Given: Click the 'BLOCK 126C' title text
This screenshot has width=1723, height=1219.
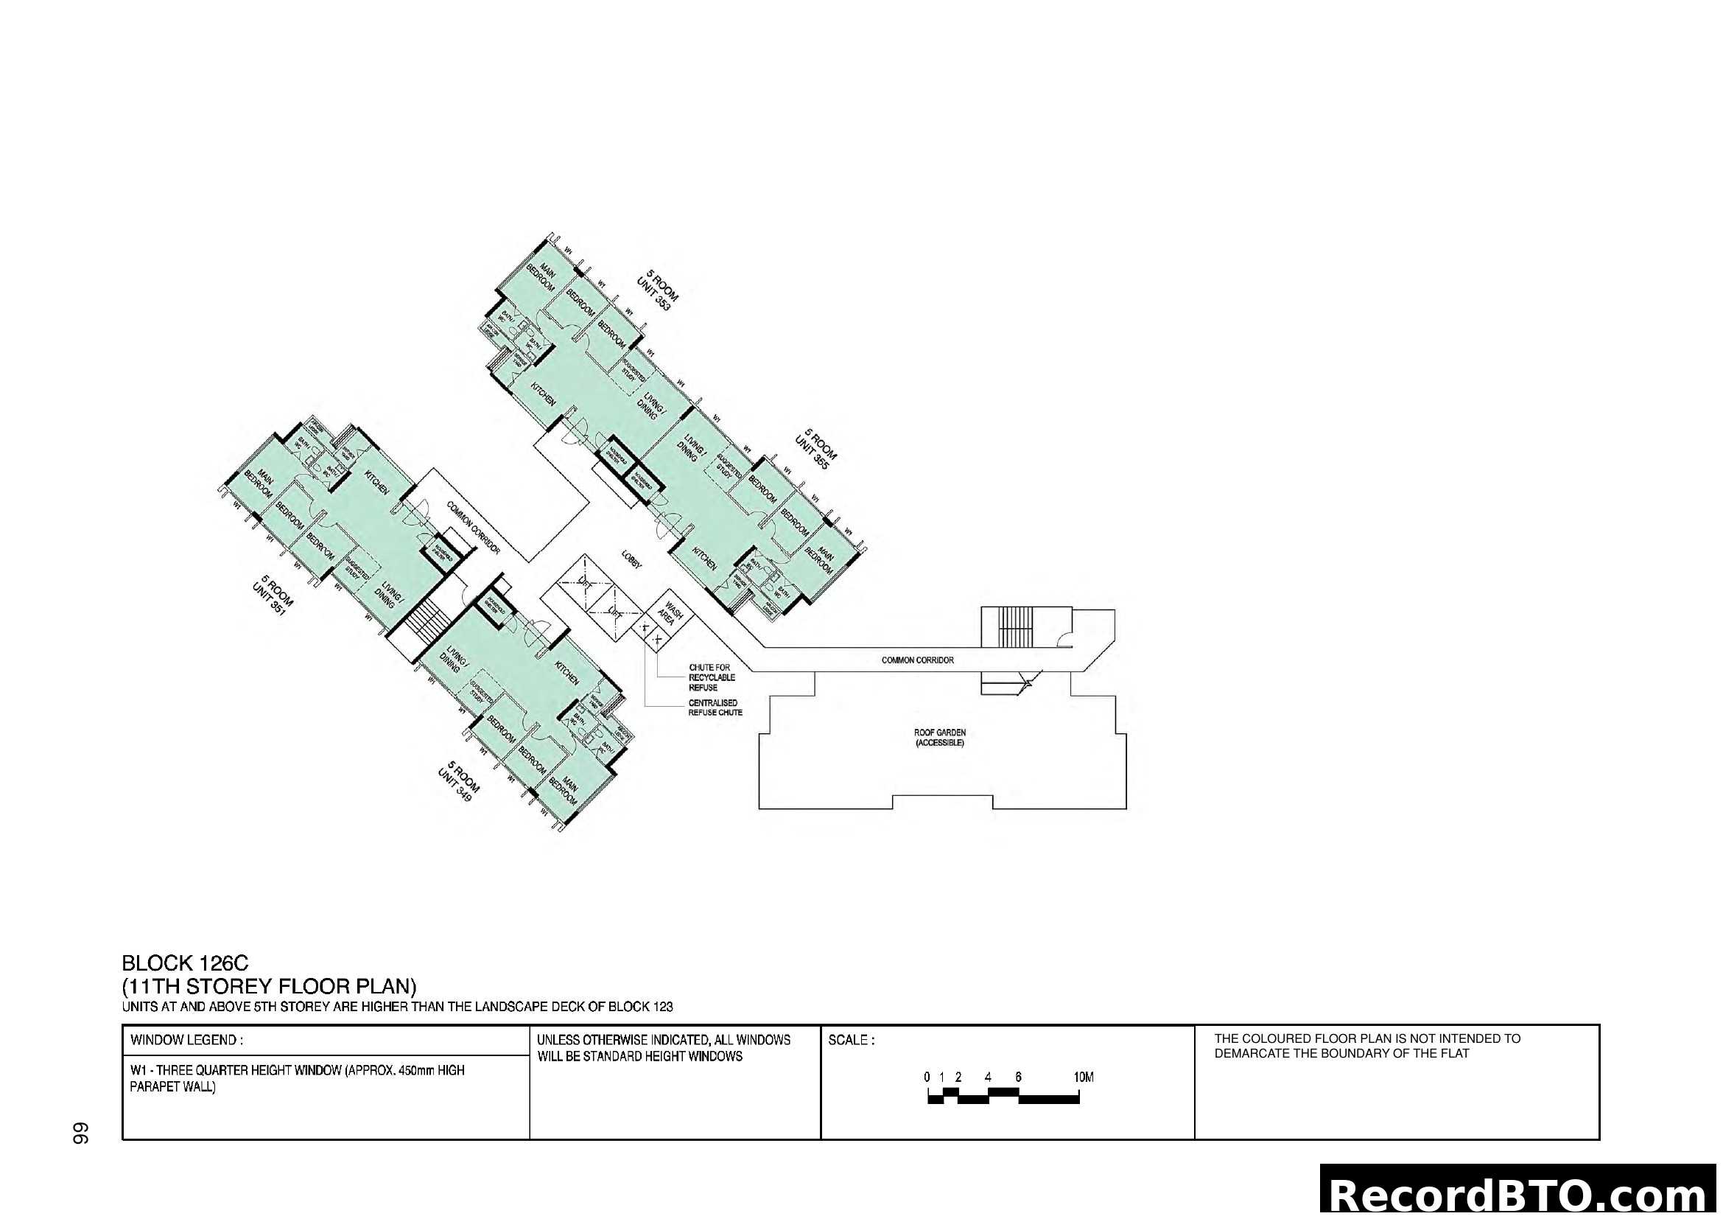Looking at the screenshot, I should (x=185, y=963).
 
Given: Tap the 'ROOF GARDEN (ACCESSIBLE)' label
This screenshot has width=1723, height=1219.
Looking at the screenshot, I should (x=939, y=737).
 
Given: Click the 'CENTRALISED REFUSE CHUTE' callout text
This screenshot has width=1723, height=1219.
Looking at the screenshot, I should (x=715, y=708).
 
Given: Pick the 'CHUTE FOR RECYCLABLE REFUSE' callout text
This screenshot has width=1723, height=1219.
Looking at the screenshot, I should (x=712, y=677).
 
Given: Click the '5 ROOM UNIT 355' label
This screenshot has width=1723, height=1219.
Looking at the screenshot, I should (x=815, y=449).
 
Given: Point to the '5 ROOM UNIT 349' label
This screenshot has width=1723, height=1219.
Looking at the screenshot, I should (x=458, y=781).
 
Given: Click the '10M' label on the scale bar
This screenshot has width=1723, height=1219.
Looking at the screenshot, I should (x=1083, y=1077).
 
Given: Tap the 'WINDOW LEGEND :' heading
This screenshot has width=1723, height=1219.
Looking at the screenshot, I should (x=186, y=1041).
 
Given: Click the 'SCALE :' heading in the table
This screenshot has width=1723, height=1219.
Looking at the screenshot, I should (x=851, y=1041).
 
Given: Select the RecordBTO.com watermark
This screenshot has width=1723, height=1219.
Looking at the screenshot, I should (x=1520, y=1195).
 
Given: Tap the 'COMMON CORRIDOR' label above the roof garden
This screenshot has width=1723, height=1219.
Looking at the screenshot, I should (x=917, y=660).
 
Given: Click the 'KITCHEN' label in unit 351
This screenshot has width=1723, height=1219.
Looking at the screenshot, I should (x=376, y=482).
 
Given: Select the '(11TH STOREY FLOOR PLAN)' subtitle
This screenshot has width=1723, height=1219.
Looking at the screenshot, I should (x=269, y=986).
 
